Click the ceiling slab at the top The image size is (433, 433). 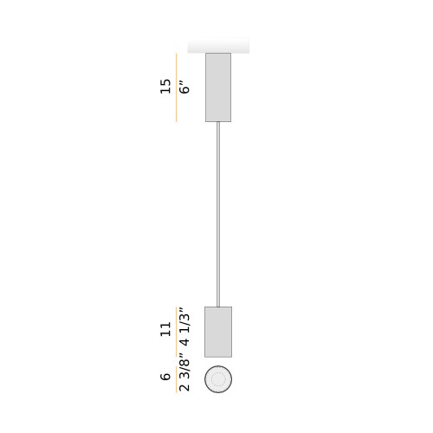pos(218,45)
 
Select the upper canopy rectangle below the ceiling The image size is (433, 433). pos(218,87)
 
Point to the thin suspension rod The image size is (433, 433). pos(218,214)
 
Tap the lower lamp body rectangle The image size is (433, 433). pos(218,332)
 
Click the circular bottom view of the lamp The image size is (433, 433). pos(218,379)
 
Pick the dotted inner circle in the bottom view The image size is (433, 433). pos(218,379)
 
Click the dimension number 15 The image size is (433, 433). pos(165,86)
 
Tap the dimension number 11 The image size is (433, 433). pos(165,329)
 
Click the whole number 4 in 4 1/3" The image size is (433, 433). pos(184,342)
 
